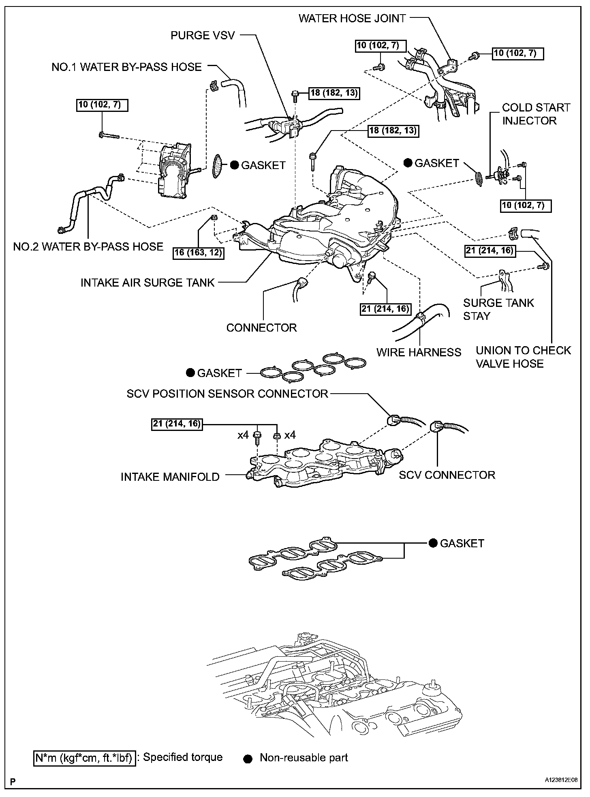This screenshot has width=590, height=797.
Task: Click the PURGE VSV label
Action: [203, 35]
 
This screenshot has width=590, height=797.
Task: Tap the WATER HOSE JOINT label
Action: [352, 18]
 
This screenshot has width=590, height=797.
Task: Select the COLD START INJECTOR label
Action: [536, 114]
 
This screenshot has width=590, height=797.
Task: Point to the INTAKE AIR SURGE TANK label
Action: [147, 282]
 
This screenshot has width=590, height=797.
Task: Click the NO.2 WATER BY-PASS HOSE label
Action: [88, 246]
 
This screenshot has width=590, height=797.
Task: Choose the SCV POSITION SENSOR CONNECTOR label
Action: [227, 393]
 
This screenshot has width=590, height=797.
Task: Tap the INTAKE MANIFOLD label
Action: [170, 477]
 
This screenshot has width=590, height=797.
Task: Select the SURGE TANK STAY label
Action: [498, 309]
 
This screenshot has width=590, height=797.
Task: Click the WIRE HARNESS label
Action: [419, 352]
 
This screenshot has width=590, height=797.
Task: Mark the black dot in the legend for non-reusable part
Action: [249, 758]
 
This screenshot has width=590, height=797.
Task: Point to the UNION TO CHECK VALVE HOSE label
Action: [523, 357]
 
